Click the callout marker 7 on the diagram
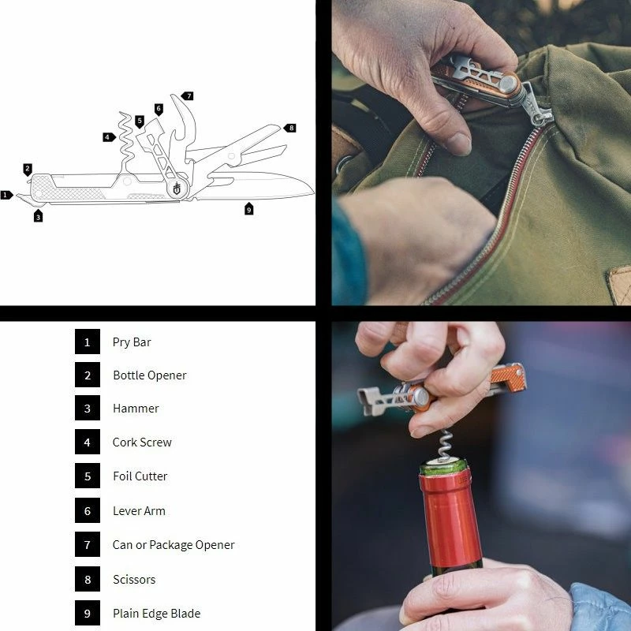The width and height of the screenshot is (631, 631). pyautogui.click(x=188, y=95)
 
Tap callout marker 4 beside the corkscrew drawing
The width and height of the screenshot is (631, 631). pyautogui.click(x=109, y=137)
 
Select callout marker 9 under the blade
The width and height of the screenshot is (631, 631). pyautogui.click(x=248, y=208)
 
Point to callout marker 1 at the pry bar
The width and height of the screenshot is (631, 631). pyautogui.click(x=6, y=195)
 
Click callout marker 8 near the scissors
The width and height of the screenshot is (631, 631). pyautogui.click(x=290, y=128)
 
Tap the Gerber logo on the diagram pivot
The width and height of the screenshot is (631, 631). pyautogui.click(x=177, y=188)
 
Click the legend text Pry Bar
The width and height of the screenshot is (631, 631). pyautogui.click(x=132, y=342)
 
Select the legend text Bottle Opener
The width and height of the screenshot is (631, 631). pyautogui.click(x=150, y=375)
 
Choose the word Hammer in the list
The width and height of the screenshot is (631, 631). pyautogui.click(x=136, y=409)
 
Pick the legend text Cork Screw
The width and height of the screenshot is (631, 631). pyautogui.click(x=142, y=442)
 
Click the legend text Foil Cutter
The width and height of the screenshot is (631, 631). pyautogui.click(x=140, y=476)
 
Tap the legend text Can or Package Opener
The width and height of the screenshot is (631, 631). pyautogui.click(x=174, y=545)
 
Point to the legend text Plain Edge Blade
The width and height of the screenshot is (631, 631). pyautogui.click(x=156, y=614)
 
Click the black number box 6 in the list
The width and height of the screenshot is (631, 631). pyautogui.click(x=88, y=510)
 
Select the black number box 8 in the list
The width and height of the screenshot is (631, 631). pyautogui.click(x=88, y=579)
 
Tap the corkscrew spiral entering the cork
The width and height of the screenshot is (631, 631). pyautogui.click(x=444, y=445)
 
